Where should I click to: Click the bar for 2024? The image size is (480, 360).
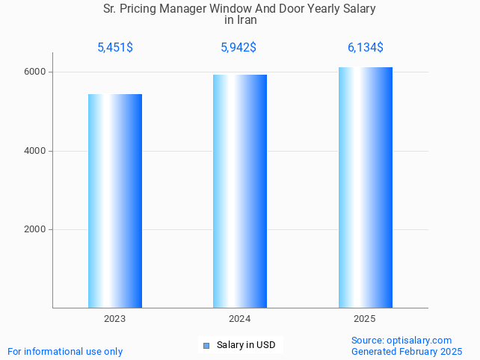click(240, 190)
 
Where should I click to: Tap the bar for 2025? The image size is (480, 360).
click(365, 187)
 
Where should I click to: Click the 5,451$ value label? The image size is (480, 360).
click(115, 48)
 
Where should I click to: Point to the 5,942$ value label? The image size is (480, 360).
click(239, 48)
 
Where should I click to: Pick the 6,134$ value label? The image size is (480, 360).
click(365, 48)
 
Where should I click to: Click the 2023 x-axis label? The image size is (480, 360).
click(115, 319)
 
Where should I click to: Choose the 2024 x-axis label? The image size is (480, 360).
click(240, 319)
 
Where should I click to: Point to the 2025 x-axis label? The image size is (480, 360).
click(365, 319)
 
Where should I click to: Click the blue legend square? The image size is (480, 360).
click(206, 345)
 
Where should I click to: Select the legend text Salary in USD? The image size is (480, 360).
click(246, 345)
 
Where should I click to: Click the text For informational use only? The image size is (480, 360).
click(65, 351)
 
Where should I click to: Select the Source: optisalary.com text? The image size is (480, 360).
click(401, 341)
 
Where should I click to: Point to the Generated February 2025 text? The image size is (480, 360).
click(407, 351)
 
